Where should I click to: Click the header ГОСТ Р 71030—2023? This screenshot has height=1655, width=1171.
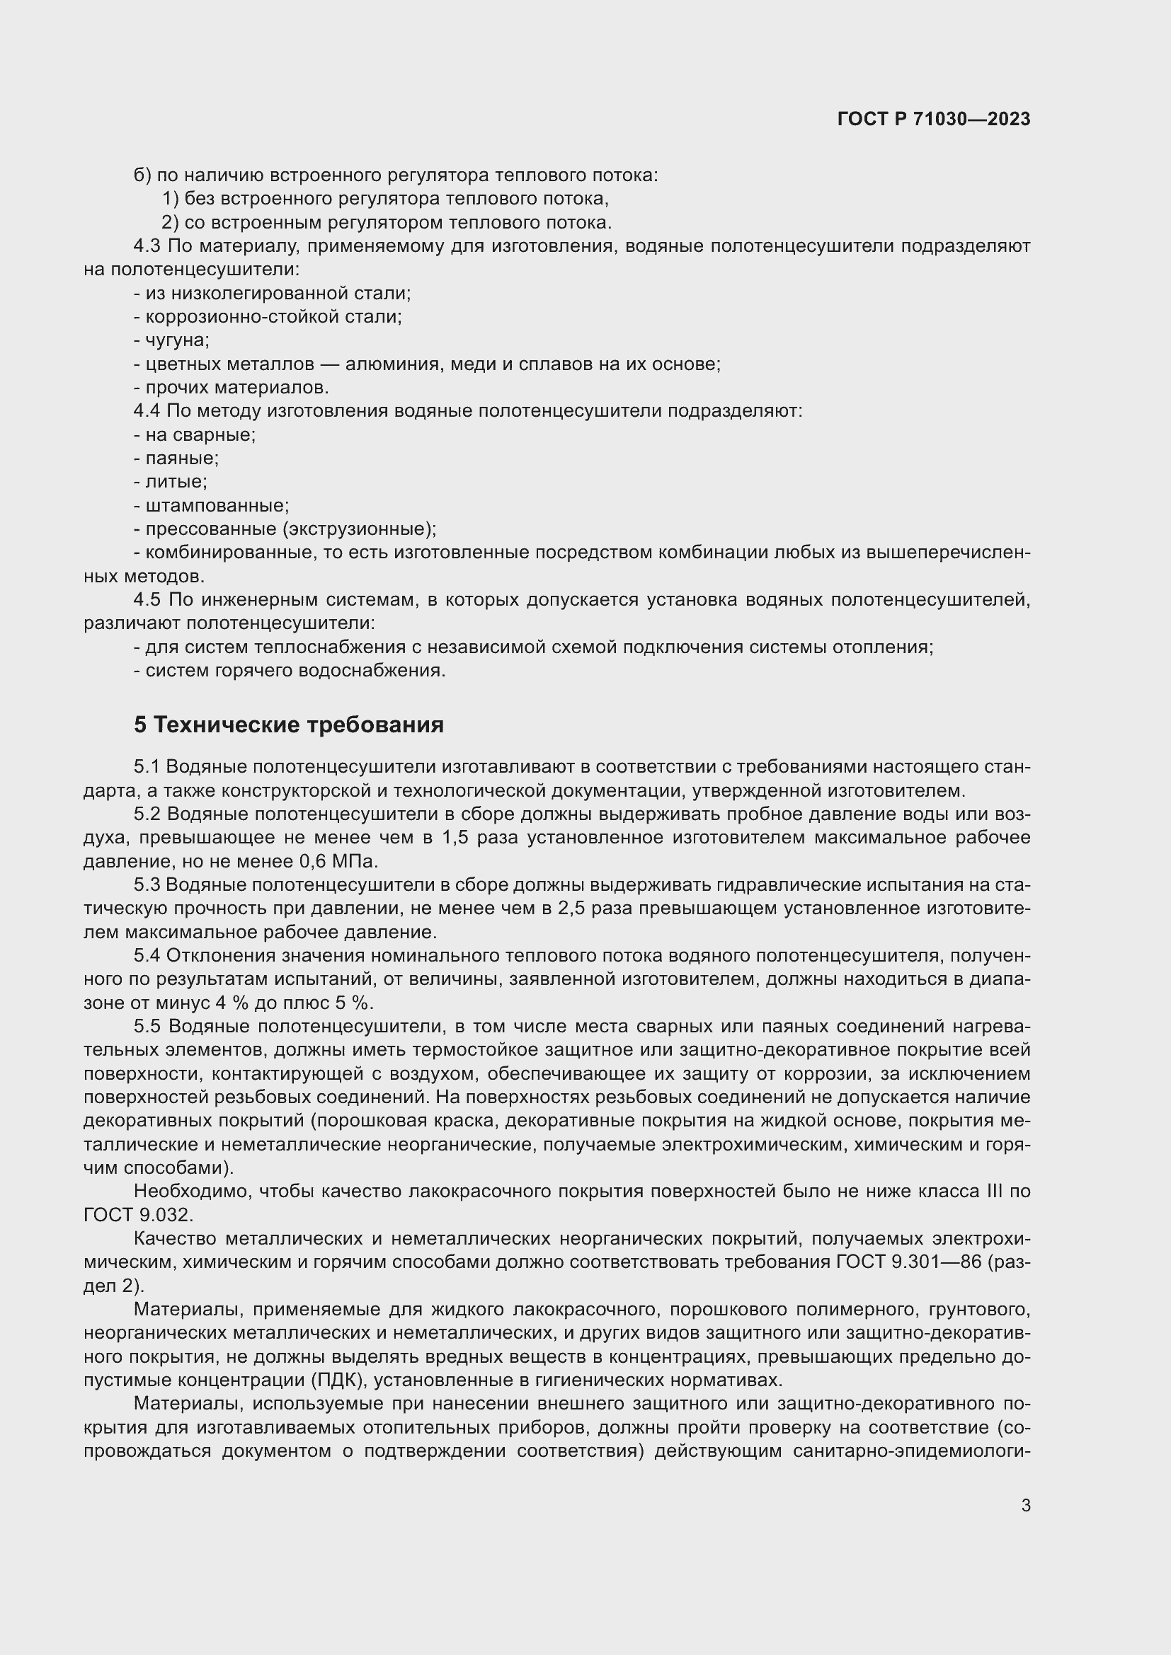coord(934,120)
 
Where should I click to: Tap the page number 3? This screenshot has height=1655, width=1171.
coord(1026,1506)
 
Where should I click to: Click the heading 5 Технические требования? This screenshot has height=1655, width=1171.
coord(288,725)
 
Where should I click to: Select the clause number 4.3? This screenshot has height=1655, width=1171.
coord(147,246)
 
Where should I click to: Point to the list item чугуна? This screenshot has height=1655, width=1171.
coord(177,340)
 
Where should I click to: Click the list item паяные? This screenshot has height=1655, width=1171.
coord(182,459)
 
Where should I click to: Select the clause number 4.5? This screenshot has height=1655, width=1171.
coord(147,600)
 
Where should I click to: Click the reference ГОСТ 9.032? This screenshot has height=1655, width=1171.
coord(138,1216)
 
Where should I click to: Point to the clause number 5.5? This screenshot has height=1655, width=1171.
coord(147,1027)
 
